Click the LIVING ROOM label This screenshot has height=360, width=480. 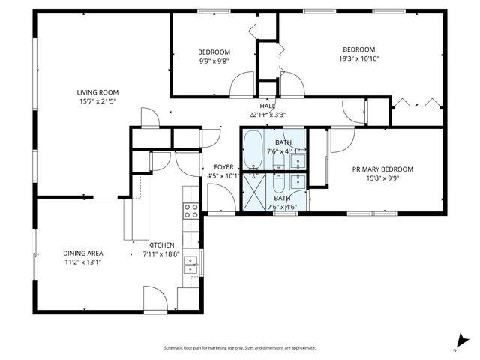(99, 92)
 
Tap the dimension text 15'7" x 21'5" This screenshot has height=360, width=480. (99, 101)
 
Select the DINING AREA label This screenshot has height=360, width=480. (82, 253)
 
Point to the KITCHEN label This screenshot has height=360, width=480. (160, 245)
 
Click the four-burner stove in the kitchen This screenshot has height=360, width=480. (190, 211)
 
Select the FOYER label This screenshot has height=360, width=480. (223, 167)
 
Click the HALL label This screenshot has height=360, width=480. (267, 106)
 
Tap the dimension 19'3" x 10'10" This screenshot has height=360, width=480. (358, 58)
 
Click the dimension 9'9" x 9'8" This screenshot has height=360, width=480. (214, 61)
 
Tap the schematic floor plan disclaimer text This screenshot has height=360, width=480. (240, 348)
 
